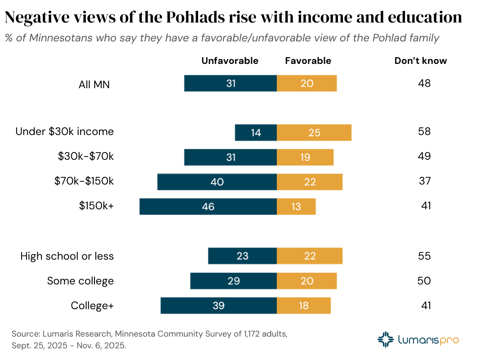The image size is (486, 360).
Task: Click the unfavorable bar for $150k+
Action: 208,206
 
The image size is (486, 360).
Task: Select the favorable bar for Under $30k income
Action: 314,132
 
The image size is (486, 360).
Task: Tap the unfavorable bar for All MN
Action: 230,83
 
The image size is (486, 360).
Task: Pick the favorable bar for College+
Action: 304,306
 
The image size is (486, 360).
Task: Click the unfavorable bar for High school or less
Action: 242,256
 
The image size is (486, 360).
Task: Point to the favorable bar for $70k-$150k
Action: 310,182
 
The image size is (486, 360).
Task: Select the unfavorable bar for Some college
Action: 233,281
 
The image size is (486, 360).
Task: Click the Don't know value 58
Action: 424,132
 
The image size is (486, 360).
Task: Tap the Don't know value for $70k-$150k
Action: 424,181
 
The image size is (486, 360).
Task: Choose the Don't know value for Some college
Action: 424,281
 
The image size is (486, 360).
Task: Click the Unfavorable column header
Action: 230,61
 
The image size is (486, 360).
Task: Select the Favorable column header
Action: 308,61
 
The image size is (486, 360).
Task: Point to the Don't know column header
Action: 421,61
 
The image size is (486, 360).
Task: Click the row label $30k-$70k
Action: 85,157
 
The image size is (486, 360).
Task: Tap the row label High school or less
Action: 67,256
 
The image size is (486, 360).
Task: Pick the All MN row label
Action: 94,84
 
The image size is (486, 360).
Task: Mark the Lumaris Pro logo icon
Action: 386,340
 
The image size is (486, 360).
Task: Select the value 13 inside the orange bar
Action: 296,207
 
